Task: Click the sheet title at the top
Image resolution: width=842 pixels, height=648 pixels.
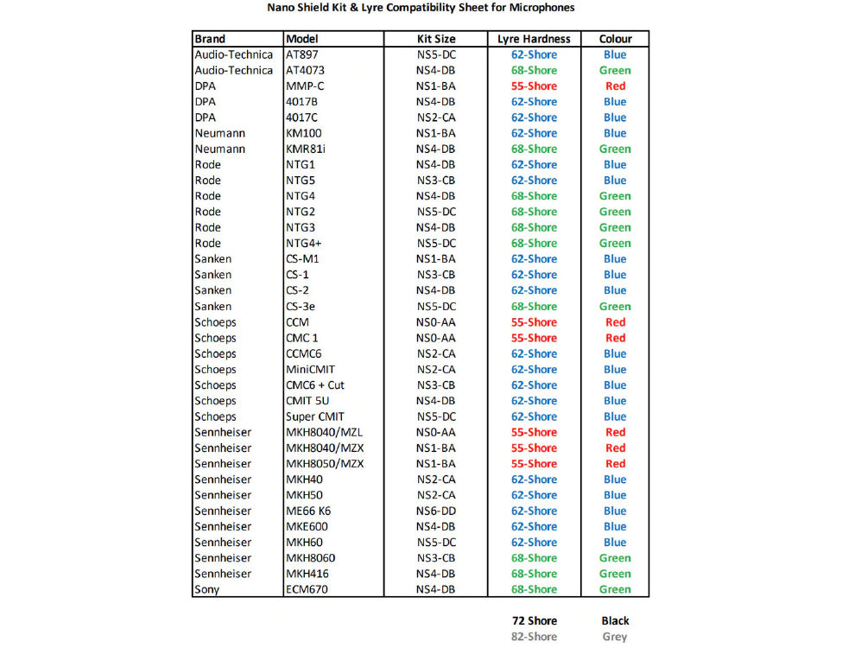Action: click(x=420, y=8)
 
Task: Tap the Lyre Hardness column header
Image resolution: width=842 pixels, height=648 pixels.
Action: click(x=534, y=39)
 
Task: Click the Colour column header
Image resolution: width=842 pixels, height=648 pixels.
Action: click(x=615, y=39)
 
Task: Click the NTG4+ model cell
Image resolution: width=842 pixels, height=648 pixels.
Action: click(x=304, y=243)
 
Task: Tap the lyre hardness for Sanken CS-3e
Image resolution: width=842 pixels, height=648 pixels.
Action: click(x=534, y=306)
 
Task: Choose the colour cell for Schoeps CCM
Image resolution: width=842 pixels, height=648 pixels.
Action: click(x=615, y=322)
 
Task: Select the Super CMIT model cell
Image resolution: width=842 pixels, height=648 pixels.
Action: click(x=314, y=416)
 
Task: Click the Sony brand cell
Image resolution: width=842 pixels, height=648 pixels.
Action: click(x=207, y=589)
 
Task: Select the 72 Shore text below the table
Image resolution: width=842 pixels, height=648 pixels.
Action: click(x=534, y=620)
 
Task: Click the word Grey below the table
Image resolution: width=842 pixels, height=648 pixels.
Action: click(x=615, y=637)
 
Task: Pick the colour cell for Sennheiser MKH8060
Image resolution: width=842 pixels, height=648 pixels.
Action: click(x=615, y=558)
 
